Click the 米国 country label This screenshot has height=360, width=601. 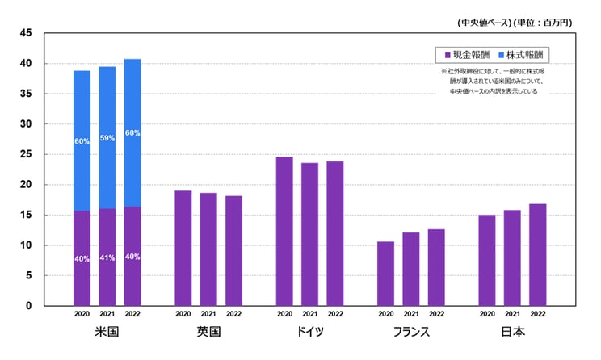107,333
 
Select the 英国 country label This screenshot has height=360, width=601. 208,333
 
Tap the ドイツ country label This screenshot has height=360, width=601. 309,333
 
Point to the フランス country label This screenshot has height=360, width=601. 411,333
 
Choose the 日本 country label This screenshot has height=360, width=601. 512,333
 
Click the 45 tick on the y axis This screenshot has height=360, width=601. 27,33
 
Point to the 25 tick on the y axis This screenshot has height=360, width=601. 27,154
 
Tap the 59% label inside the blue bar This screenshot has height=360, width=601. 107,138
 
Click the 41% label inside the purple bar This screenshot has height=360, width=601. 107,258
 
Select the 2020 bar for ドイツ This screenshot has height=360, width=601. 284,231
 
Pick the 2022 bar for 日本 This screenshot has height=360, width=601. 537,254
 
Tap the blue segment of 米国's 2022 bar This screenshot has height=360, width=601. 132,133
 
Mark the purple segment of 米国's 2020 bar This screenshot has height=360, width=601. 82,258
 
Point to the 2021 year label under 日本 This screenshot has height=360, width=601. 512,314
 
